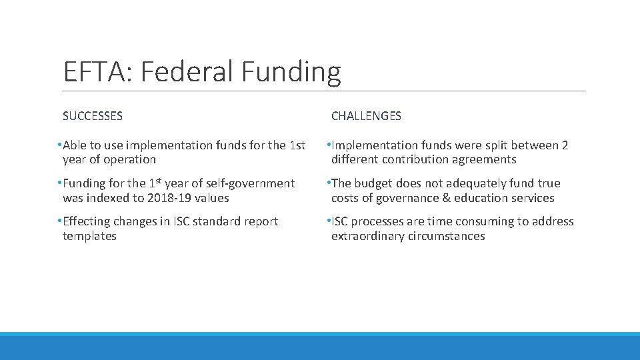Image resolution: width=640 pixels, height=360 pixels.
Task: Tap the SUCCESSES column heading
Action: [93, 116]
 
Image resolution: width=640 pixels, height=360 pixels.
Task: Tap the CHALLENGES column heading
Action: [366, 116]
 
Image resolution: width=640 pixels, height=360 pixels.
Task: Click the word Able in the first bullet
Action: [75, 145]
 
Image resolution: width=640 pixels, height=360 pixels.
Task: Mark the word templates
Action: [89, 236]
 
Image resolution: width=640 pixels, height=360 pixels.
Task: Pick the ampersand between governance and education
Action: [447, 198]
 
